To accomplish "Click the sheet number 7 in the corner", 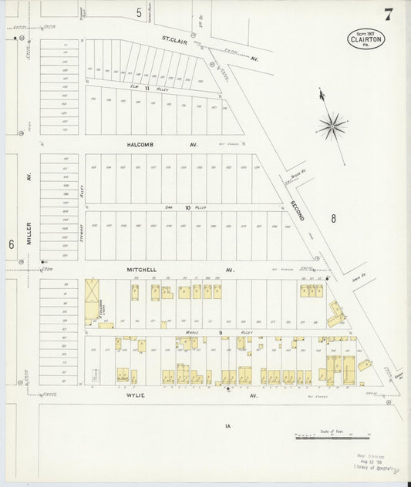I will [x=388, y=13].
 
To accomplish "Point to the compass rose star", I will [x=333, y=123].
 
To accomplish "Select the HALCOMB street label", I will [x=141, y=144].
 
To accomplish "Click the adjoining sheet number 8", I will [x=333, y=218].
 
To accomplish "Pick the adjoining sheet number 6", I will [x=11, y=243].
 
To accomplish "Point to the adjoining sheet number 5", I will [x=139, y=12].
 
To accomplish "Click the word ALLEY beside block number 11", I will [x=163, y=89].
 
